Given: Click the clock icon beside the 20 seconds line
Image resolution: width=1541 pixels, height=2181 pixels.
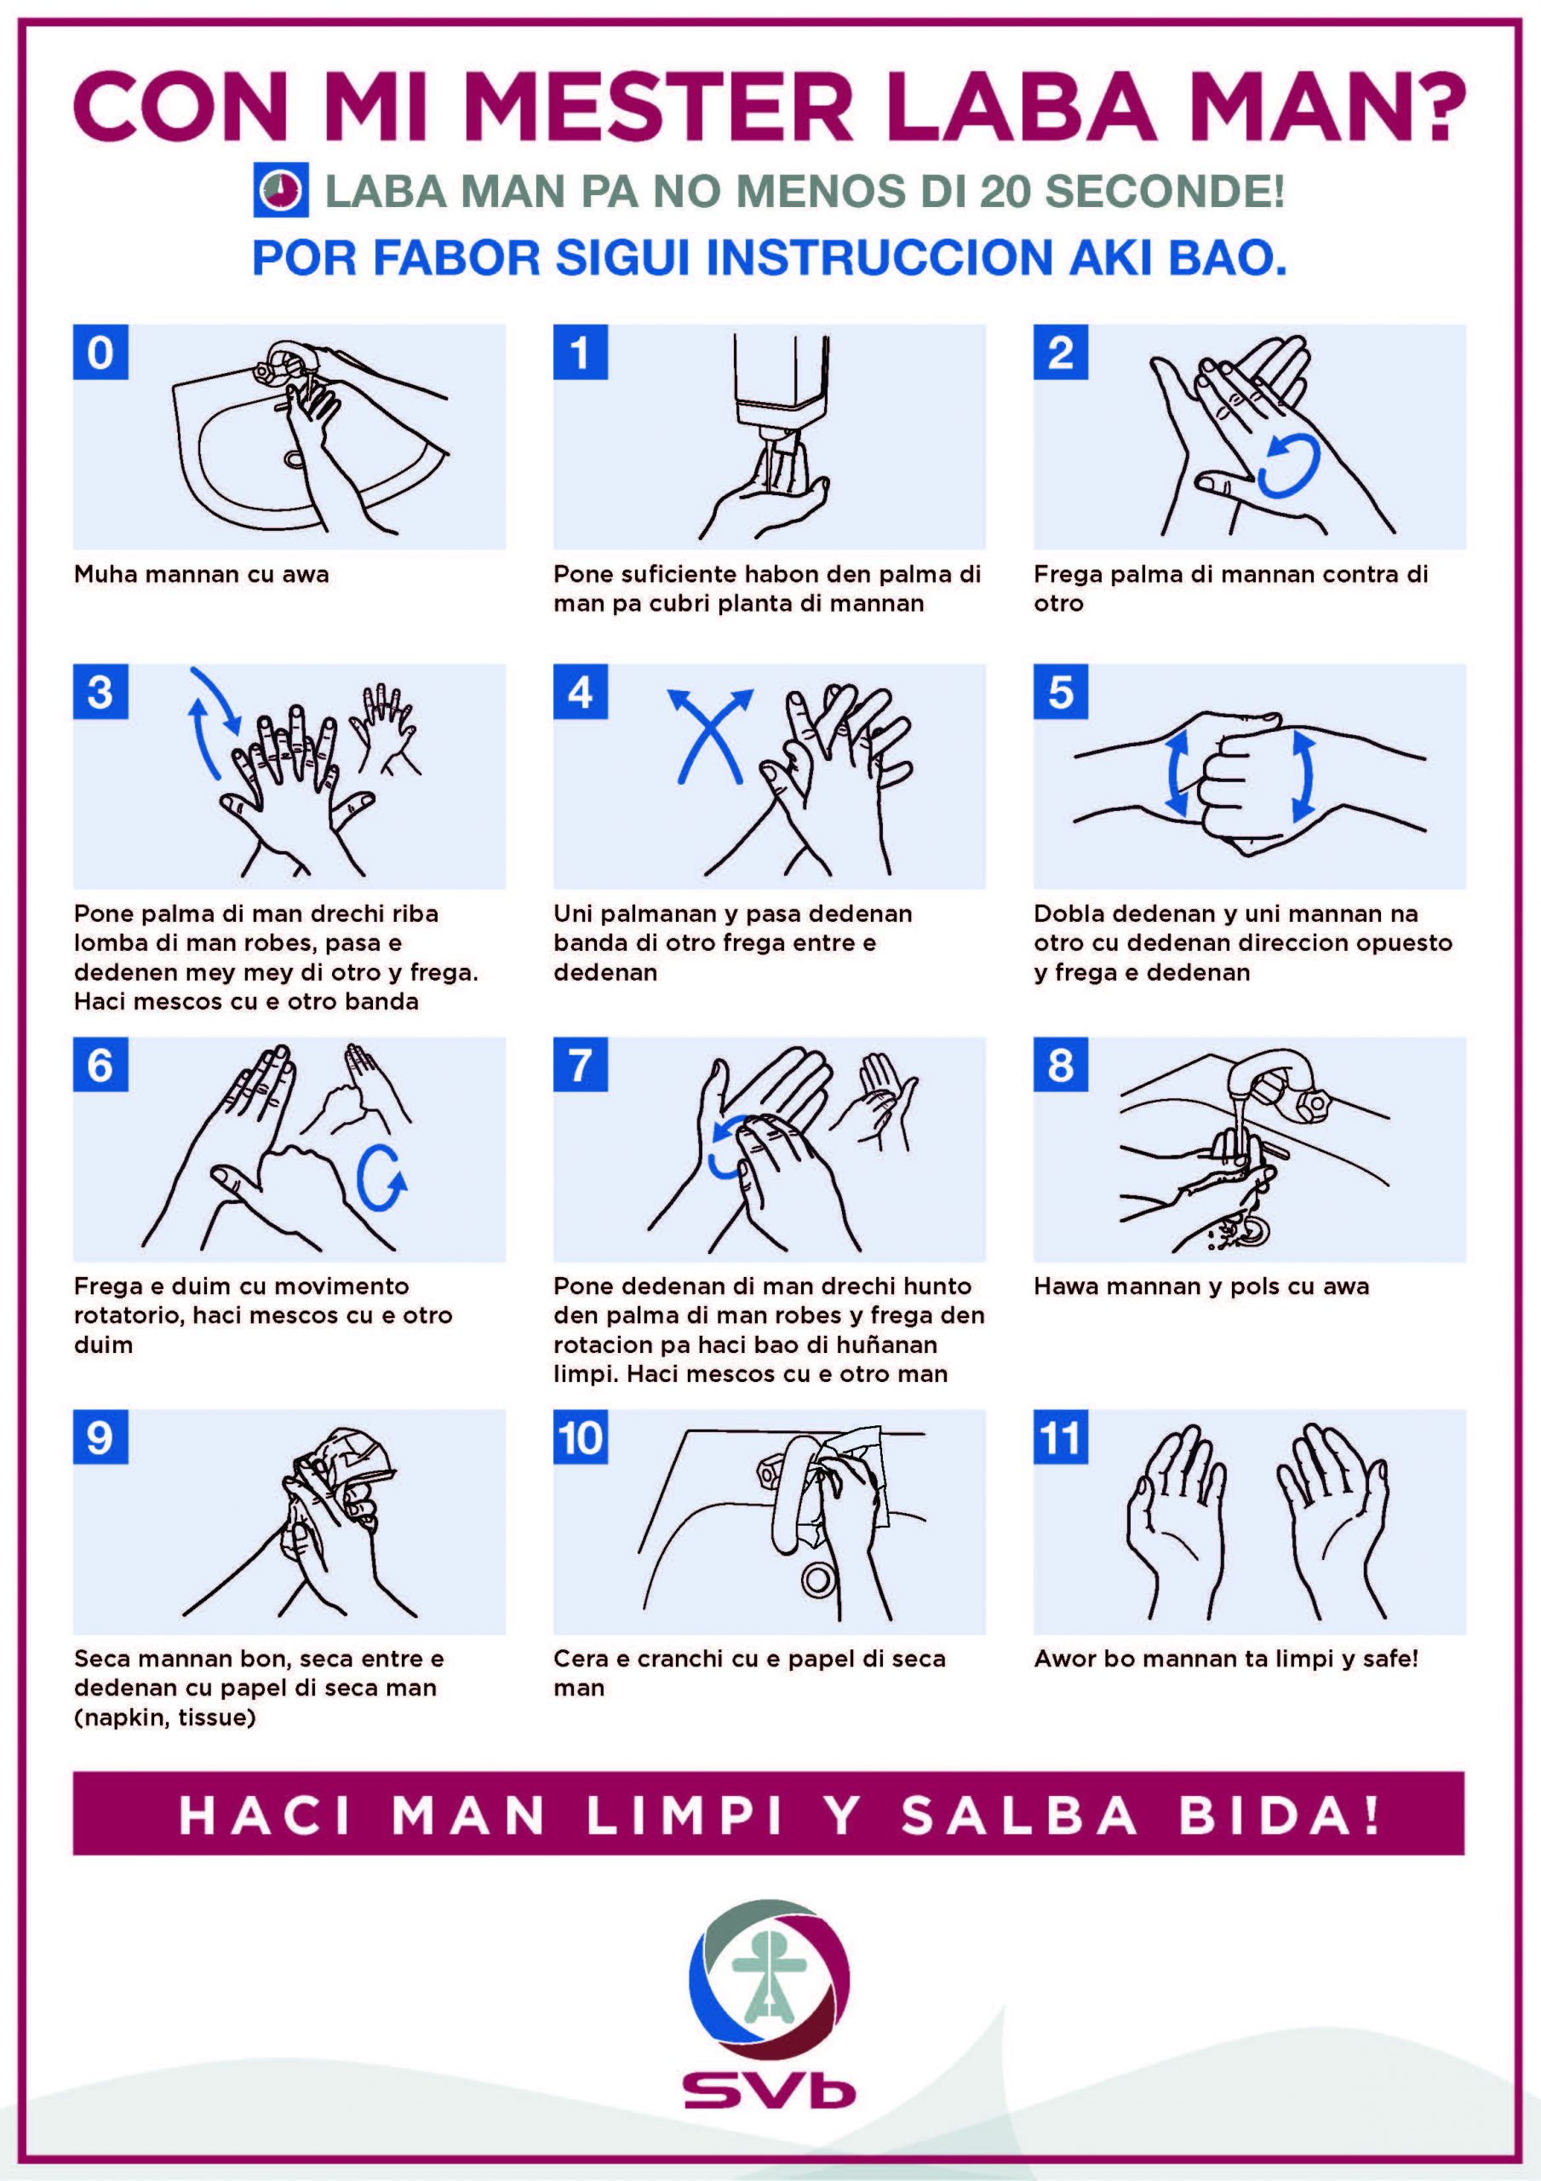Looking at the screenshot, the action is [x=280, y=191].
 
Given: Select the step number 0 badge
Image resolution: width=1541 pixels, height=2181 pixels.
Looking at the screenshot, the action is [x=100, y=353].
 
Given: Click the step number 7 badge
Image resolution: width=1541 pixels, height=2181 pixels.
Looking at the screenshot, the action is [x=580, y=1065].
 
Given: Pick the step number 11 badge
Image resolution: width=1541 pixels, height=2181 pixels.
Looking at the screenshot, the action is [x=1061, y=1437].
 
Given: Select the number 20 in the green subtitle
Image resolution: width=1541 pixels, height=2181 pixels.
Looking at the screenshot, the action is [x=1005, y=192].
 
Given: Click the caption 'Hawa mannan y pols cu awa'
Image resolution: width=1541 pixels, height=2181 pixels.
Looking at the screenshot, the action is [x=1201, y=1286].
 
